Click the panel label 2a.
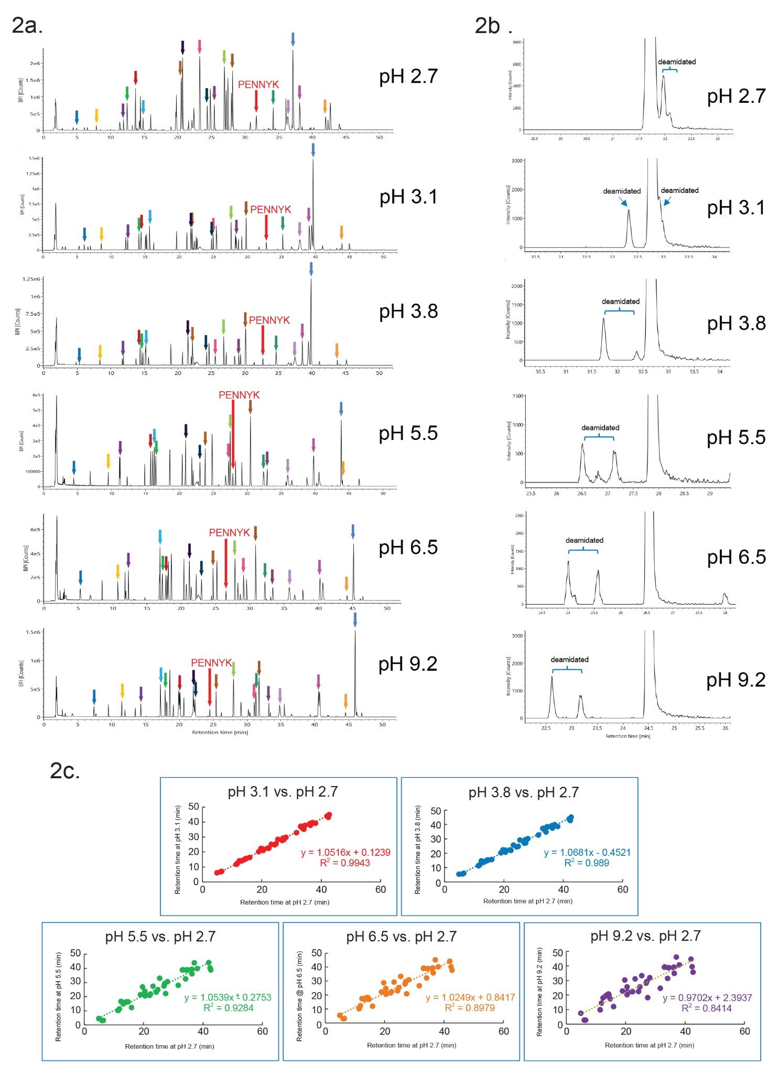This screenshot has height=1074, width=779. coord(27,25)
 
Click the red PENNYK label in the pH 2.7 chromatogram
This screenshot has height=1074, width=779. coord(258,84)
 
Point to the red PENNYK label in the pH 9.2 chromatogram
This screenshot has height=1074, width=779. coord(211,663)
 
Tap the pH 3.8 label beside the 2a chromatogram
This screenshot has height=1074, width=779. coord(408,312)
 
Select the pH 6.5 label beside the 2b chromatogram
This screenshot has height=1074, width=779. coord(736,557)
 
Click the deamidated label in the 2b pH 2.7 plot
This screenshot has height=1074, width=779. coord(677,62)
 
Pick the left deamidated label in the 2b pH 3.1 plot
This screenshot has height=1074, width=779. coord(622,191)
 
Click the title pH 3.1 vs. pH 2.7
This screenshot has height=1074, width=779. coord(283,792)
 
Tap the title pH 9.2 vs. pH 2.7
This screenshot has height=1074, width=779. coord(645,936)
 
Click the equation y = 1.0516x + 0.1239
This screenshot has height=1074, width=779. coord(345,852)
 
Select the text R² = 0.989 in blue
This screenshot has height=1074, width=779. coord(587,863)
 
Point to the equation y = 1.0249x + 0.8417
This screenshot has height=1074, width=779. coord(470,997)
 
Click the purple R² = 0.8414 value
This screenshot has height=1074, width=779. coord(706,1008)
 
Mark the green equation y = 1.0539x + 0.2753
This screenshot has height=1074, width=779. coord(228,997)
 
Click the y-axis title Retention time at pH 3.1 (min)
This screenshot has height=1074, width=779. coord(178,849)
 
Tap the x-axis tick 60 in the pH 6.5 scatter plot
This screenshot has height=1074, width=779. coord(503,1031)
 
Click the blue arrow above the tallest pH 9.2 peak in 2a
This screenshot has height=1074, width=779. coord(355,620)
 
